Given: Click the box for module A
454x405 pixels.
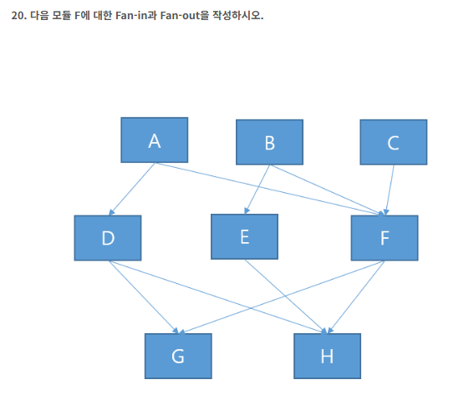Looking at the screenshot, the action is [155, 140].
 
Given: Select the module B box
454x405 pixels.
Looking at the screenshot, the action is [269, 142].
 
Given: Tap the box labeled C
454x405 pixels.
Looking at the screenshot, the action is [394, 142].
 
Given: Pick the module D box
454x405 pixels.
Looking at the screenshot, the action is [108, 238].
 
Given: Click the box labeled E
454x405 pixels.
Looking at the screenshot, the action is [244, 237].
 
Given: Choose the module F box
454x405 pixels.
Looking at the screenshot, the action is [385, 238].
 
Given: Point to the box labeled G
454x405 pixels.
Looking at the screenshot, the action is [178, 356].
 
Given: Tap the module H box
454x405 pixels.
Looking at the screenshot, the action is [327, 356].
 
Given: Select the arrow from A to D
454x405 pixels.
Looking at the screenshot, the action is [132, 189].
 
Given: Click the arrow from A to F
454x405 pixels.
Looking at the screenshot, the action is [270, 189].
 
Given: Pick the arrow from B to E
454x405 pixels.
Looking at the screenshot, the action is [258, 190].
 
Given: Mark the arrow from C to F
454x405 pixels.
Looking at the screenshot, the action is [389, 190].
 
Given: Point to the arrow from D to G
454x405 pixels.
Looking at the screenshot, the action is [144, 297].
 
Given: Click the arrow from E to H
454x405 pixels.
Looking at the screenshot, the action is [286, 296].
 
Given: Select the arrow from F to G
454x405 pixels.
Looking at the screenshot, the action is [282, 297].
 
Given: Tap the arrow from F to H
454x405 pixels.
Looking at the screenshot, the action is [356, 297].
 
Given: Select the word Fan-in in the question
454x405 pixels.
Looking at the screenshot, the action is [131, 15].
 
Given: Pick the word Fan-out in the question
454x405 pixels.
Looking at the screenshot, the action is [181, 15].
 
